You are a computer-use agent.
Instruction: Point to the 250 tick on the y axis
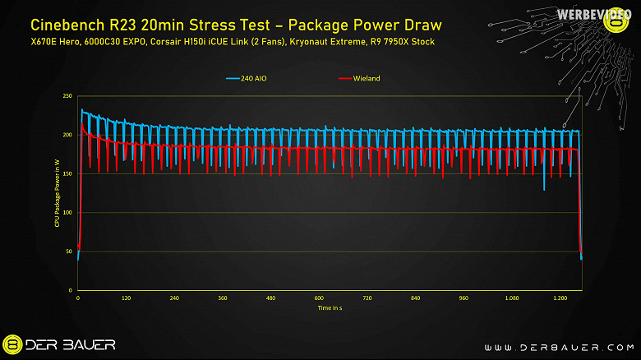pyautogui.click(x=67, y=96)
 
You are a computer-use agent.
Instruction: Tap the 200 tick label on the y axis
pyautogui.click(x=67, y=135)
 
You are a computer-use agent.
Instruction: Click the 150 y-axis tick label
pyautogui.click(x=67, y=173)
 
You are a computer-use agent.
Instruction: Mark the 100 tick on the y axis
pyautogui.click(x=67, y=213)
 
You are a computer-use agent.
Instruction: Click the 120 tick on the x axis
pyautogui.click(x=126, y=298)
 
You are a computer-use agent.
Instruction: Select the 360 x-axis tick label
pyautogui.click(x=223, y=298)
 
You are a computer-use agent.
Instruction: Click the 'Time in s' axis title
pyautogui.click(x=330, y=307)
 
